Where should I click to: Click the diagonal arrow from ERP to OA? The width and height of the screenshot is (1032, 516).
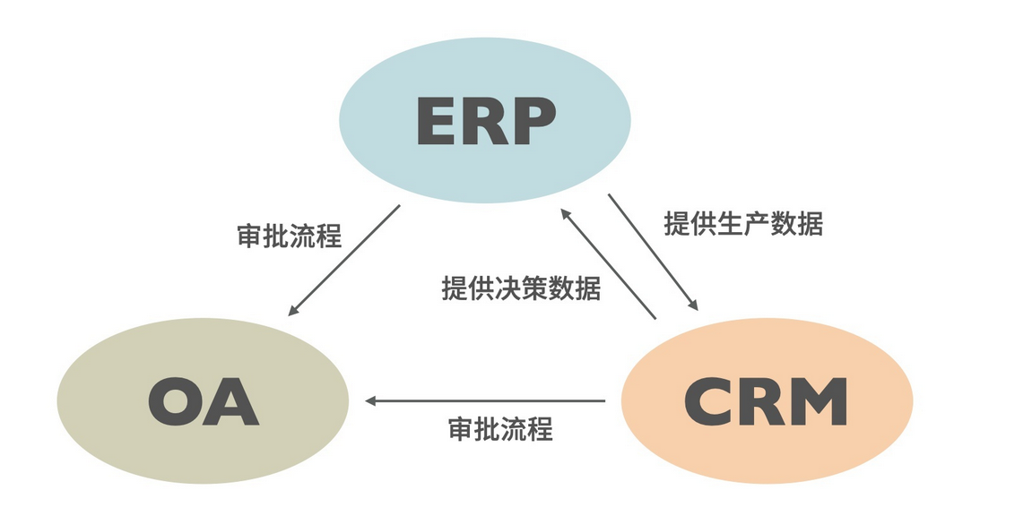(x=345, y=260)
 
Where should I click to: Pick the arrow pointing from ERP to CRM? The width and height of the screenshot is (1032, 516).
(x=652, y=252)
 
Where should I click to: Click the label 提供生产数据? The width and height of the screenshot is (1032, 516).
(x=742, y=223)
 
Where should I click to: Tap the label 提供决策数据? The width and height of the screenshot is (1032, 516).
(x=521, y=288)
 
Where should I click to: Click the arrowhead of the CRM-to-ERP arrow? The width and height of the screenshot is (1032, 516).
(x=565, y=213)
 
